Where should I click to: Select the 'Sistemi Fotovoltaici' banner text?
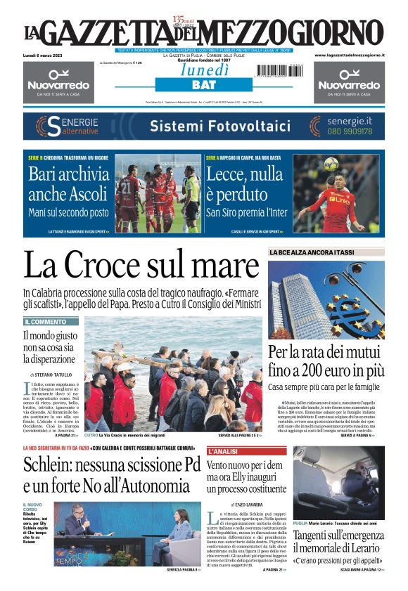(210, 126)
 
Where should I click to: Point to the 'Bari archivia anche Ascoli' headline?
(69, 182)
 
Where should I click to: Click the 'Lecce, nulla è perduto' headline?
(243, 182)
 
